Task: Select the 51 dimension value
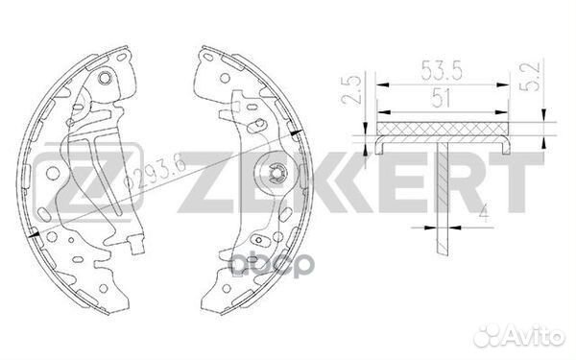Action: (443, 96)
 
